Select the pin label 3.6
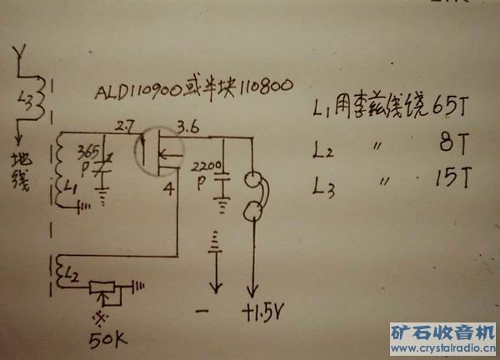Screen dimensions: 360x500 pyautogui.click(x=189, y=127)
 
